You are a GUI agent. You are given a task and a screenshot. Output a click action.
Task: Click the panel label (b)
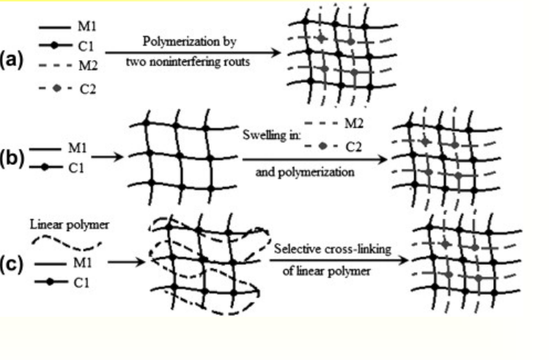tap(12, 161)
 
